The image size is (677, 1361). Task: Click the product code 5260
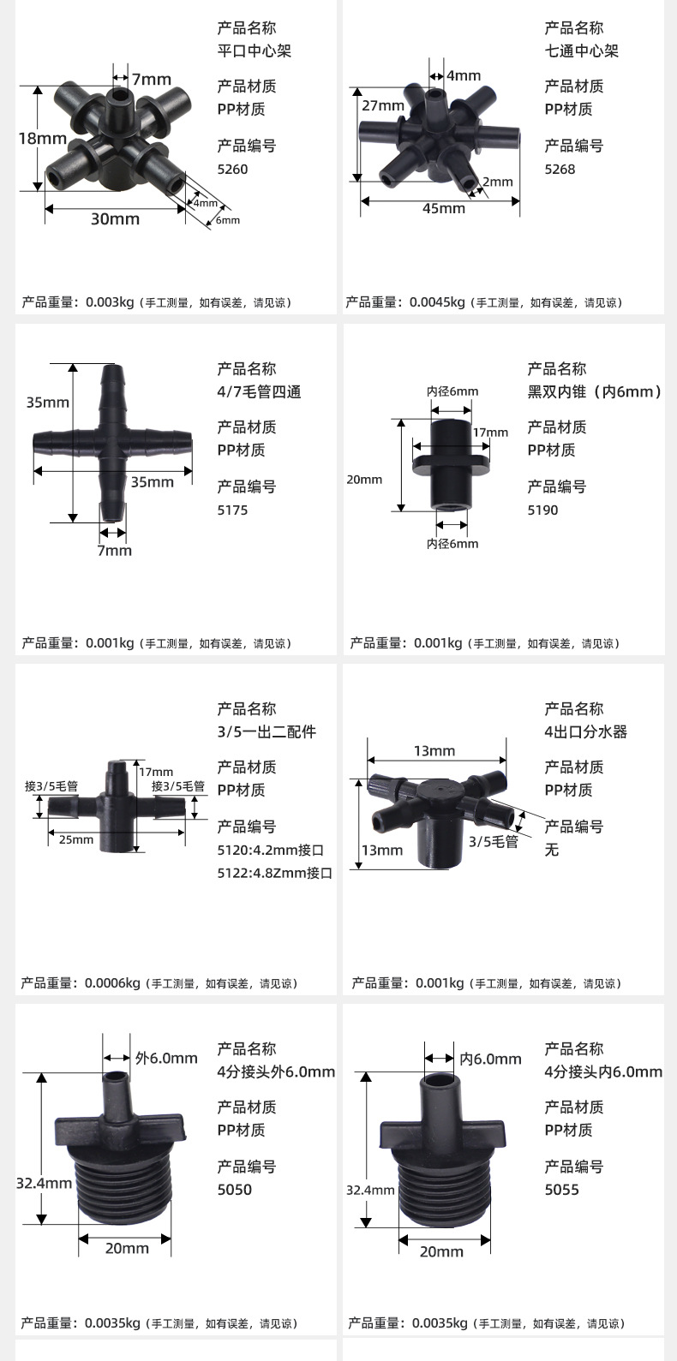point(233,169)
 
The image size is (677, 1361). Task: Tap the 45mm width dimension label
point(444,208)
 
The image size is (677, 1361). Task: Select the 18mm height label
point(42,139)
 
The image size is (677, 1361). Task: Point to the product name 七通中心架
point(581,51)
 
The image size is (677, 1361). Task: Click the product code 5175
point(233,510)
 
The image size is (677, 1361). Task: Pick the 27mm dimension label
point(383,105)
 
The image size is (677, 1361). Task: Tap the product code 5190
point(542,510)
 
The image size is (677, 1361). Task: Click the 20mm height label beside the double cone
point(364,480)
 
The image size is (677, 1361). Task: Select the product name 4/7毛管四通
point(260,392)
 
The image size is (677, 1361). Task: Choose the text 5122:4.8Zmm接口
point(275,873)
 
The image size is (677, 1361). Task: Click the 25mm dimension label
point(76,839)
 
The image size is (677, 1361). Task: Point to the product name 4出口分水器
point(586,731)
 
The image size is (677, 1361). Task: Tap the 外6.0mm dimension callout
point(166,1059)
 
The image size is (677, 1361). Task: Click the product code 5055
point(561,1190)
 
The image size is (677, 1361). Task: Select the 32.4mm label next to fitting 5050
point(45,1183)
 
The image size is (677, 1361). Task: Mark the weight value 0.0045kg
point(437,302)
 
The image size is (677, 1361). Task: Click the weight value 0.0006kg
point(112,982)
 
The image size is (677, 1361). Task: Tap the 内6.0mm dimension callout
point(490,1059)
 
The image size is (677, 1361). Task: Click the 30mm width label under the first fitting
point(115,218)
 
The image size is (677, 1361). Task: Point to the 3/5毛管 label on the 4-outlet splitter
point(494,841)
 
